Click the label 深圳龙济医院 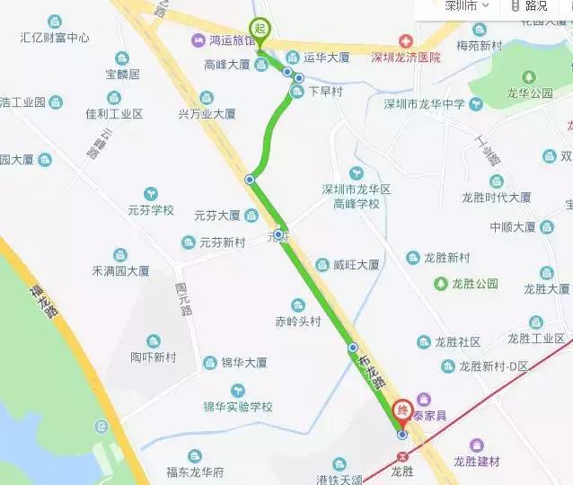(x=406, y=57)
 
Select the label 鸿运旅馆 (x=232, y=40)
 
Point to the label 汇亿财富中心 (x=55, y=38)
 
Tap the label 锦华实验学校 (x=237, y=406)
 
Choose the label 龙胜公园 (x=473, y=284)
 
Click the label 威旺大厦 (x=356, y=265)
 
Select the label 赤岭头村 (x=297, y=320)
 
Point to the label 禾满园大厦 (x=120, y=269)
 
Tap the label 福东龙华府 (x=195, y=472)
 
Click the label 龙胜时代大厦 (x=496, y=197)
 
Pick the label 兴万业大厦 (x=207, y=114)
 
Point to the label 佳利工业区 (x=114, y=114)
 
